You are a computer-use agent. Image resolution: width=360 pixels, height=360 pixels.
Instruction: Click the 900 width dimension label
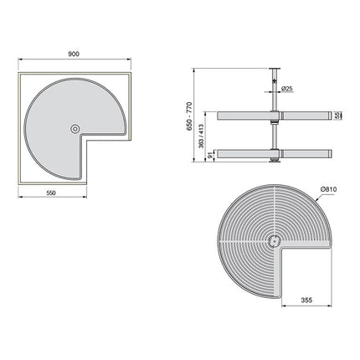74,54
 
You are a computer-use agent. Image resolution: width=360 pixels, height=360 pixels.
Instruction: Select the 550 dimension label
51,193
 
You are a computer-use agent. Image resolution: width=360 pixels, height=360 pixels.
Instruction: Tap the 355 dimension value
306,301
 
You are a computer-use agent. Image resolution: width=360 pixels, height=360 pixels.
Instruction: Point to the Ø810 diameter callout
329,189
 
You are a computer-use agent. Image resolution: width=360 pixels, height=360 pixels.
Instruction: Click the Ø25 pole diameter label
287,89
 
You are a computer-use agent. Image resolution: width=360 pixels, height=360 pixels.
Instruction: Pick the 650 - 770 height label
189,116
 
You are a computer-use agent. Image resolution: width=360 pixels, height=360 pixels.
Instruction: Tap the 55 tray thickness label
337,116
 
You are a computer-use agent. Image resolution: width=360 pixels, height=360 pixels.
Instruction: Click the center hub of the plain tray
75,129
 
